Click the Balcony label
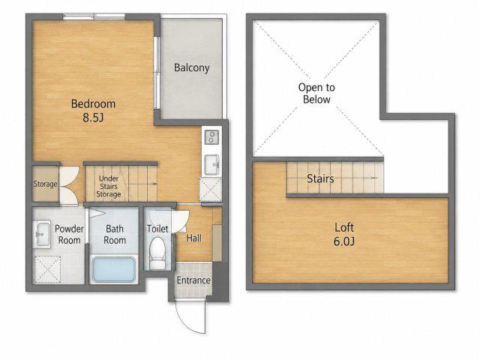pos(192,67)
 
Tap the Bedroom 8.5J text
pos(93,110)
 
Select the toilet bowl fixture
pos(157,253)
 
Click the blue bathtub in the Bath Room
pos(114,269)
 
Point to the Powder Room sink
pos(42,235)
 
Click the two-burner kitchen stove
pos(211,136)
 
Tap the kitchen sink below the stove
pos(211,165)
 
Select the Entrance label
pos(193,280)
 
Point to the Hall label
pos(194,238)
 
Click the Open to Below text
pos(316,93)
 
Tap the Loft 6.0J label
pos(344,235)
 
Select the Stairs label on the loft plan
pos(320,178)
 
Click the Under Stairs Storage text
pos(109,187)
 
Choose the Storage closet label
pos(45,184)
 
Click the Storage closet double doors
pos(70,186)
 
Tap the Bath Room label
pos(115,235)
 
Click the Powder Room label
pos(69,235)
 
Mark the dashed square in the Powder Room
pos(47,269)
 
